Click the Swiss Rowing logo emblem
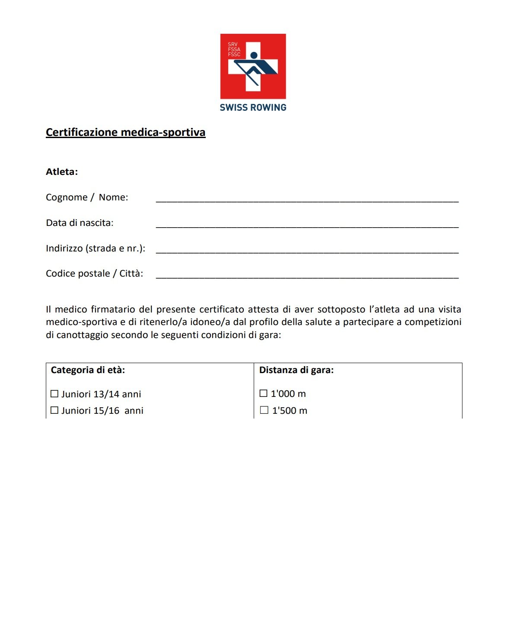pos(253,66)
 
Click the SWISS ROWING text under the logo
pos(253,107)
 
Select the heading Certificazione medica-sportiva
pos(125,132)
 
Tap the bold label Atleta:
pos(62,172)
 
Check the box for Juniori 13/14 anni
pos(54,394)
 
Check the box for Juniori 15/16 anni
pos(54,410)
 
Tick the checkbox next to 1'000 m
pos(263,393)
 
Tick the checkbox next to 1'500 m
pos(264,410)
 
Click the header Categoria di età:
pos(88,370)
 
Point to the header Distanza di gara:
pos(296,370)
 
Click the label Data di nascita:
pos(80,223)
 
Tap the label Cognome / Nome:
pos(87,197)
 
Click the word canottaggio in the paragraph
pos(82,335)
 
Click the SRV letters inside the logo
pos(233,45)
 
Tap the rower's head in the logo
pos(254,55)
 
